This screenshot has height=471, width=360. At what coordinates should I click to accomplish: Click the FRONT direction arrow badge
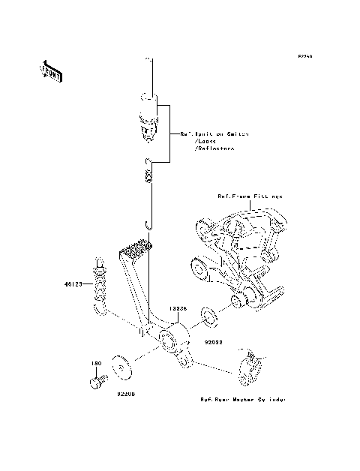pos(51,70)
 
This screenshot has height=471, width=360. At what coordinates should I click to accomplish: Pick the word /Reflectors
pos(214,148)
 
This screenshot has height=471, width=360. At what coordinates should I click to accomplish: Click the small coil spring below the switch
pos(150,176)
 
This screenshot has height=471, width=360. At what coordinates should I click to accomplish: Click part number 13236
pos(177,307)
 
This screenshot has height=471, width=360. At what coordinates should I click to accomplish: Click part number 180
pos(95,364)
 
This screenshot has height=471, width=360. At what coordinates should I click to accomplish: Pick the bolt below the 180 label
pos(94,382)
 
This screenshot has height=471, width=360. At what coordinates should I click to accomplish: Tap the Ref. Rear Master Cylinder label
pos(242,400)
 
